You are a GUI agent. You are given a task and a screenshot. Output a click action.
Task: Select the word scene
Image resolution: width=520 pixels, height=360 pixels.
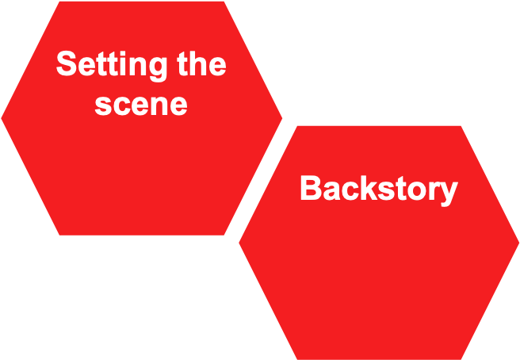140,104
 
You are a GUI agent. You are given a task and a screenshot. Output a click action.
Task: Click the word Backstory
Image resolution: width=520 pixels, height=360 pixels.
378,190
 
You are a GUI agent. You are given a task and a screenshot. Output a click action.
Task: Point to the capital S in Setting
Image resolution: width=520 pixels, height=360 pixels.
66,64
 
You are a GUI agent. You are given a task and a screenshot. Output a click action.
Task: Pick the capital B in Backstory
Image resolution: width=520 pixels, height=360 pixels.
309,190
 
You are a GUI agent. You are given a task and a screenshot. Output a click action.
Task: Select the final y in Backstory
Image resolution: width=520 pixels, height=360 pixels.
449,193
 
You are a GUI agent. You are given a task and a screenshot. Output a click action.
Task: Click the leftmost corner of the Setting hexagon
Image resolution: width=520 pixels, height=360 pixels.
2,119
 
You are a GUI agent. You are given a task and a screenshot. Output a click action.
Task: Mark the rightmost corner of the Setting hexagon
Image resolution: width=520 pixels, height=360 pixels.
282,119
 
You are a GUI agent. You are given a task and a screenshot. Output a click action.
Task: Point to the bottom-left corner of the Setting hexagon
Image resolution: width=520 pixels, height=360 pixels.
59,235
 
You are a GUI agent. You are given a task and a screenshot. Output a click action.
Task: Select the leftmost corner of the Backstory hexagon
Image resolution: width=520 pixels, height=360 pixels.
239,243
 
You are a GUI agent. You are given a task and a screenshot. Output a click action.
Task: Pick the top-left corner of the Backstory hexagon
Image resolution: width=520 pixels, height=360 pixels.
297,126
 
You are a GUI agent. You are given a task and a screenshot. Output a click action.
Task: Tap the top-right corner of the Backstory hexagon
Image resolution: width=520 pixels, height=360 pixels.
461,126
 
